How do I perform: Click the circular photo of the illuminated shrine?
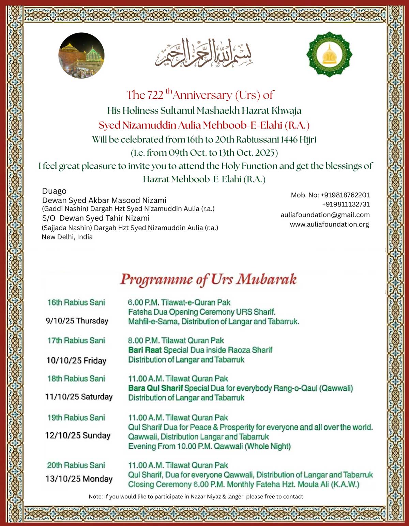click(x=81, y=56)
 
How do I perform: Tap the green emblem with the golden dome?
click(x=329, y=55)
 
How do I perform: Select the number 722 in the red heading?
click(x=155, y=95)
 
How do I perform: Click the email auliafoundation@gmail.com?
click(x=325, y=215)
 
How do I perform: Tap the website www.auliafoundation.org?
click(x=329, y=225)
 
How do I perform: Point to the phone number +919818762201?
click(x=345, y=195)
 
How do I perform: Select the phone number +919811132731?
click(x=346, y=204)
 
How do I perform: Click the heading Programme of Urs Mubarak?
click(x=208, y=279)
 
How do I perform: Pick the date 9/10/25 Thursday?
click(x=77, y=321)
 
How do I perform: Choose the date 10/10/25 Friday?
click(x=76, y=360)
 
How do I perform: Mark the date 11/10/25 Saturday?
click(x=79, y=397)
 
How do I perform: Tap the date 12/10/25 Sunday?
click(x=78, y=436)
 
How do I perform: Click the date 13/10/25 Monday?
click(x=79, y=479)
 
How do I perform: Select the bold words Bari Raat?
click(x=145, y=350)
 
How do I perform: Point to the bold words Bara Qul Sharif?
click(x=155, y=388)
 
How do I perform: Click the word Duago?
click(x=54, y=191)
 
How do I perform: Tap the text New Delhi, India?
click(x=67, y=237)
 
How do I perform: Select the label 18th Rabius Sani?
click(x=76, y=379)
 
